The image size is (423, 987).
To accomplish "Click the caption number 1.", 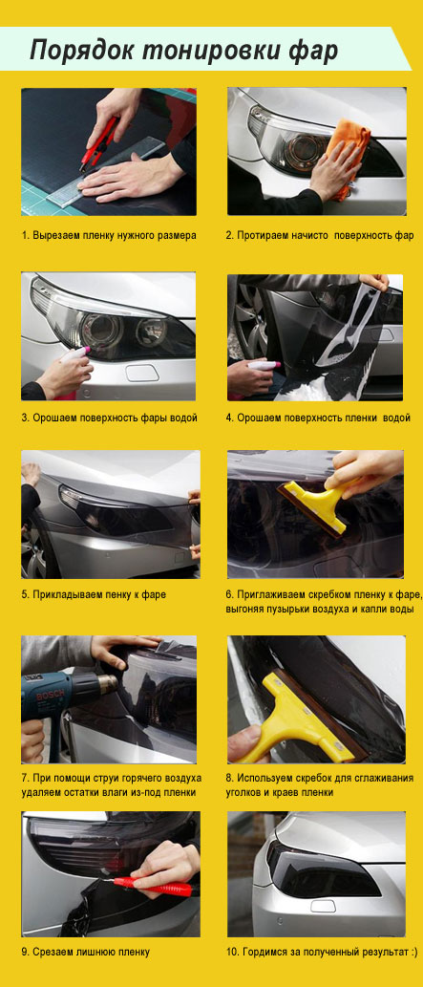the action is click(25, 235).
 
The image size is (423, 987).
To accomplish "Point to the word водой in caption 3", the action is click(183, 418).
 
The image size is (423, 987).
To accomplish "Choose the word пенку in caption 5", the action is click(104, 594).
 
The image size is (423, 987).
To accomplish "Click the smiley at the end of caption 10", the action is click(412, 953).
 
